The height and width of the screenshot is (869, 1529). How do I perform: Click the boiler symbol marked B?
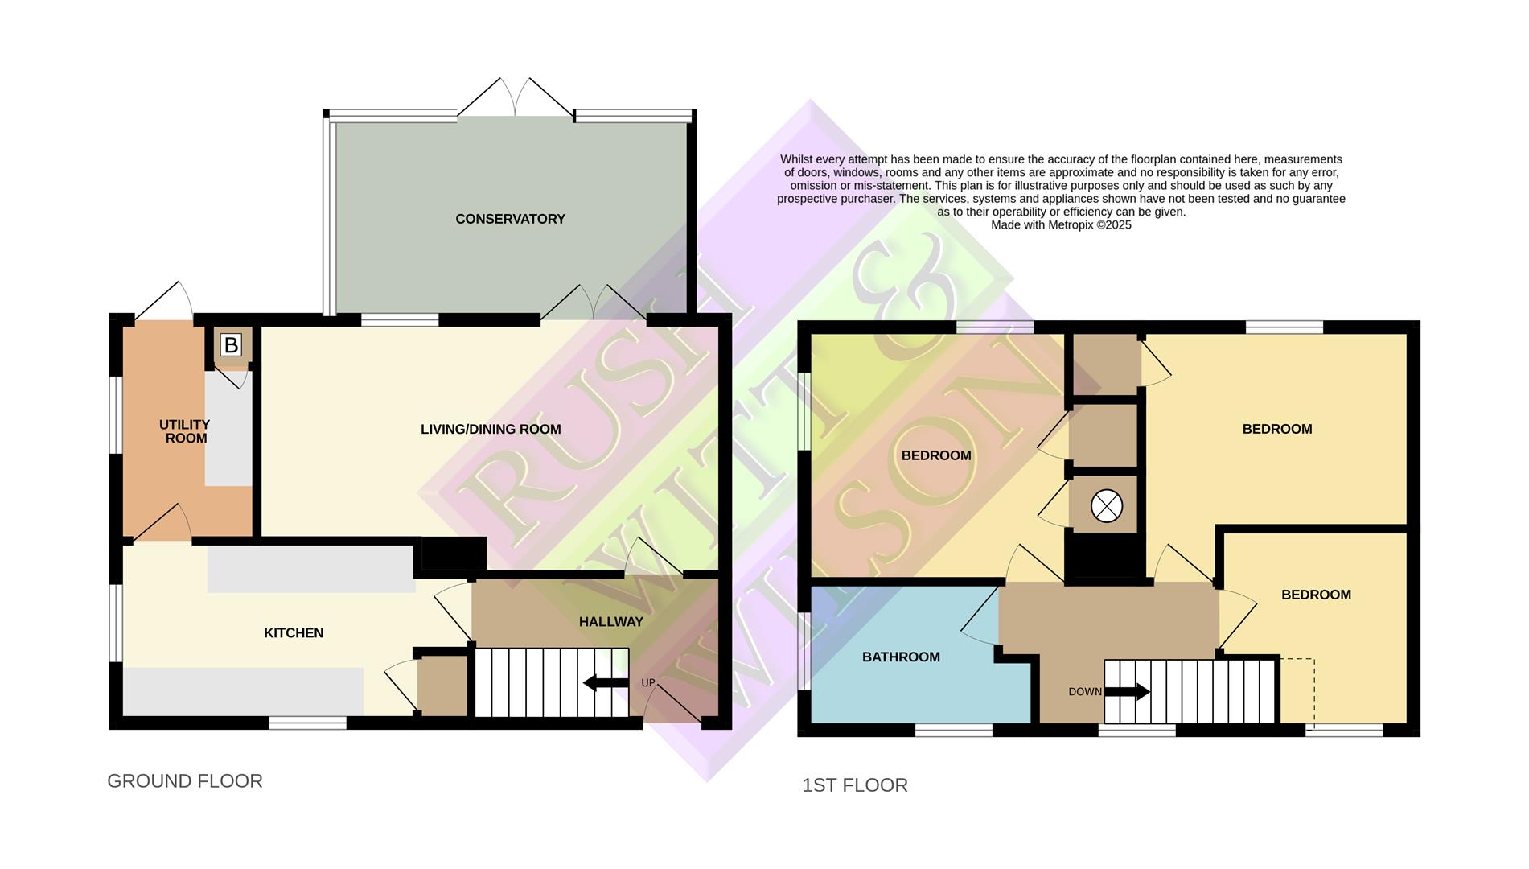point(231,345)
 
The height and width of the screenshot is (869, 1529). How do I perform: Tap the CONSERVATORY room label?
point(510,219)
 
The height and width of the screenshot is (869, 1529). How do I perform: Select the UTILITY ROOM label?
point(185,431)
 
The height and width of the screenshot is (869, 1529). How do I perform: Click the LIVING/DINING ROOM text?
point(491,429)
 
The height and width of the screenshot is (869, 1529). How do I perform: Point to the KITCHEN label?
point(294,633)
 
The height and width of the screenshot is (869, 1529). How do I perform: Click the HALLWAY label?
point(611,622)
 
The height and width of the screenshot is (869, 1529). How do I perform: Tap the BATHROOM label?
point(901,657)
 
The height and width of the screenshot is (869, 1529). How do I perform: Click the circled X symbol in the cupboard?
point(1106,507)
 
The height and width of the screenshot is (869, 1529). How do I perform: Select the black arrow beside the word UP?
point(606,683)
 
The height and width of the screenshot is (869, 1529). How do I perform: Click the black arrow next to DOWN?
point(1128,692)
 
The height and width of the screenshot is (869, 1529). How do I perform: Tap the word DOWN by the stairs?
point(1084,692)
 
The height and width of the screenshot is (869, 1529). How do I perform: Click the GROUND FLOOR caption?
point(185,781)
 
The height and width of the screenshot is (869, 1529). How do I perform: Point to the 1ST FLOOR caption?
point(854,785)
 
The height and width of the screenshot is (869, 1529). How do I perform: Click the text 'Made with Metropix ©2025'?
point(1061,225)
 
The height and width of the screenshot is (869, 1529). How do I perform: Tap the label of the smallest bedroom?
point(1316,595)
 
